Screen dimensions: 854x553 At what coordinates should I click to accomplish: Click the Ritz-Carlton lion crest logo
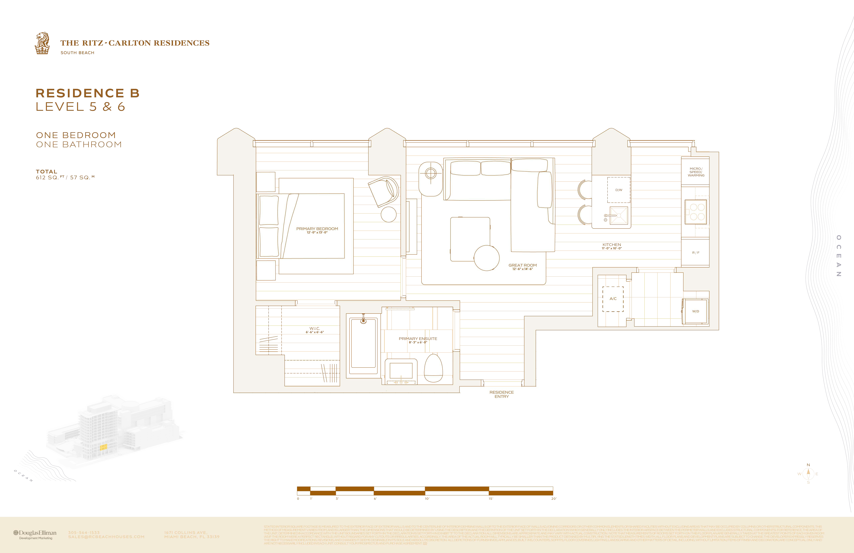(x=42, y=43)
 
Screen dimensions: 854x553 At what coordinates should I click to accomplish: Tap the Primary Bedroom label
(x=317, y=229)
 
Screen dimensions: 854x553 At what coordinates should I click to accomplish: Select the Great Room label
(x=522, y=265)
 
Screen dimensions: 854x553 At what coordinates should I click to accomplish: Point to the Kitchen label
(x=611, y=244)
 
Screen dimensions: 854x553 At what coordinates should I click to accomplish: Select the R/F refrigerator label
(x=695, y=253)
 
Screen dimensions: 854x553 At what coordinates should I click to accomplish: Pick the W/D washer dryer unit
(x=695, y=311)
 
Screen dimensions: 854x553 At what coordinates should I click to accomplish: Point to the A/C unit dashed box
(x=613, y=299)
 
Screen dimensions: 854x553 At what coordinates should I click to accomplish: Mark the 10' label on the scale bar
(x=427, y=499)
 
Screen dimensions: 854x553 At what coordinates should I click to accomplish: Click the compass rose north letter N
(x=808, y=465)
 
